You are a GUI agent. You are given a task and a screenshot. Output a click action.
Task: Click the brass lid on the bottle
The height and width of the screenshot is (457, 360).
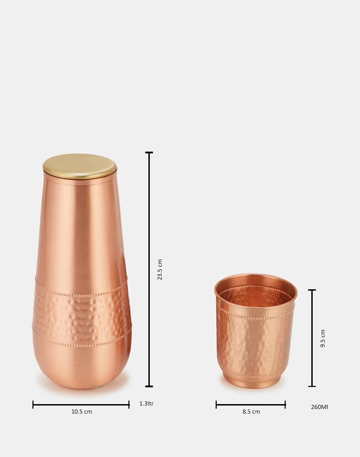click(80, 166)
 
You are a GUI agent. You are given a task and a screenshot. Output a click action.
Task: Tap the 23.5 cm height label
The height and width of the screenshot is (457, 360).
click(160, 270)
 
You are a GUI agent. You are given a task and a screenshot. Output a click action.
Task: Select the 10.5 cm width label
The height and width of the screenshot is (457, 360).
click(81, 412)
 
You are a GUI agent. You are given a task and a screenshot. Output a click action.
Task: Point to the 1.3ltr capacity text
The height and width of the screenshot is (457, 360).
click(147, 404)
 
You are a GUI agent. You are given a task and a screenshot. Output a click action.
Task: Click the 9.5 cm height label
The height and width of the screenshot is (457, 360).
click(323, 338)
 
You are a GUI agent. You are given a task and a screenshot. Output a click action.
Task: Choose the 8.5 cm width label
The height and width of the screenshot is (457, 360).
click(251, 412)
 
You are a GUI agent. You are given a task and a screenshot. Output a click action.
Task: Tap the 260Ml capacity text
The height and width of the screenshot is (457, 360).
click(319, 407)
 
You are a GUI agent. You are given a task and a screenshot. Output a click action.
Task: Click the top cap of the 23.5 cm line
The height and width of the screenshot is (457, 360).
click(149, 153)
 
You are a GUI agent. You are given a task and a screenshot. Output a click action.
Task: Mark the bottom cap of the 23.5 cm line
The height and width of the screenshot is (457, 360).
click(149, 386)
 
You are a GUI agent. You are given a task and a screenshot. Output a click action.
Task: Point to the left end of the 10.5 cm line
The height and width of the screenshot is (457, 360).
click(33, 405)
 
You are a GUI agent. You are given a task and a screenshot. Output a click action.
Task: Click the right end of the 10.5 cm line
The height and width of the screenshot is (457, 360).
click(129, 405)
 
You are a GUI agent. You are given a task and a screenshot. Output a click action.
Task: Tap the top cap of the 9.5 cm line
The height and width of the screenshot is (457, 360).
click(312, 290)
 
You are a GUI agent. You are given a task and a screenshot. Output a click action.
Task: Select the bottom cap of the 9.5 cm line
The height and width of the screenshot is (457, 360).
click(312, 386)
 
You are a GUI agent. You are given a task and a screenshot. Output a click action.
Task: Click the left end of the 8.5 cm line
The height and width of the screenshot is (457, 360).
click(216, 405)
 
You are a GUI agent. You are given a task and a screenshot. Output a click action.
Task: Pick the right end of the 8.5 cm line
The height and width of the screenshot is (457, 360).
click(285, 405)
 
